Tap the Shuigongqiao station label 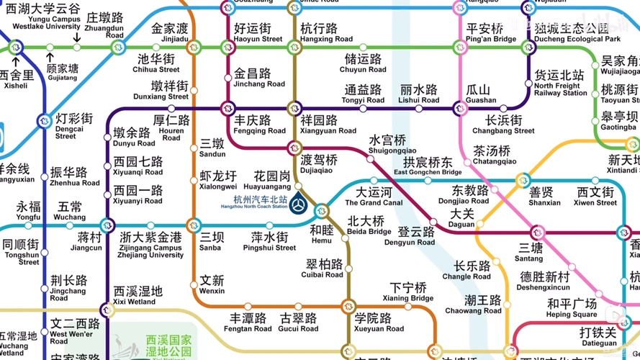click(387, 144)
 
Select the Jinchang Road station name click(260, 78)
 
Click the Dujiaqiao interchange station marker click(294, 148)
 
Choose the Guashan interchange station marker click(461, 109)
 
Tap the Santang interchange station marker click(536, 233)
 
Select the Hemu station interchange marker click(321, 211)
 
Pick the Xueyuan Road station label click(373, 322)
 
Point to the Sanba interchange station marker click(192, 226)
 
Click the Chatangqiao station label click(492, 156)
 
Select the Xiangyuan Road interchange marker click(294, 109)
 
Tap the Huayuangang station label click(272, 180)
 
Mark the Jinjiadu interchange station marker click(192, 48)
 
